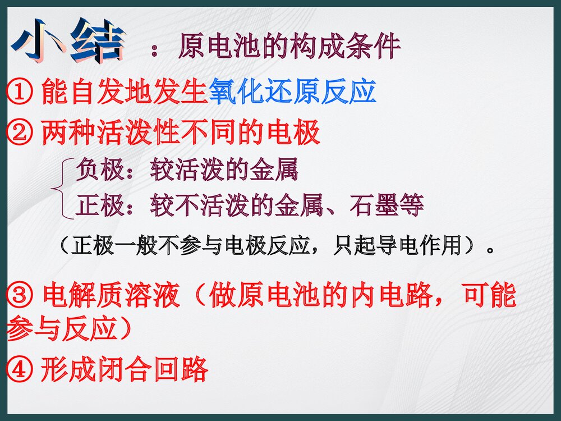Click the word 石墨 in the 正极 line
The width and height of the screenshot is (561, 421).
pos(374,205)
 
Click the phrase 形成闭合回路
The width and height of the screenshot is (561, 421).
pos(124,369)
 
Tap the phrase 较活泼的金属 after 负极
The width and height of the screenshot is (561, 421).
pos(224,170)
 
